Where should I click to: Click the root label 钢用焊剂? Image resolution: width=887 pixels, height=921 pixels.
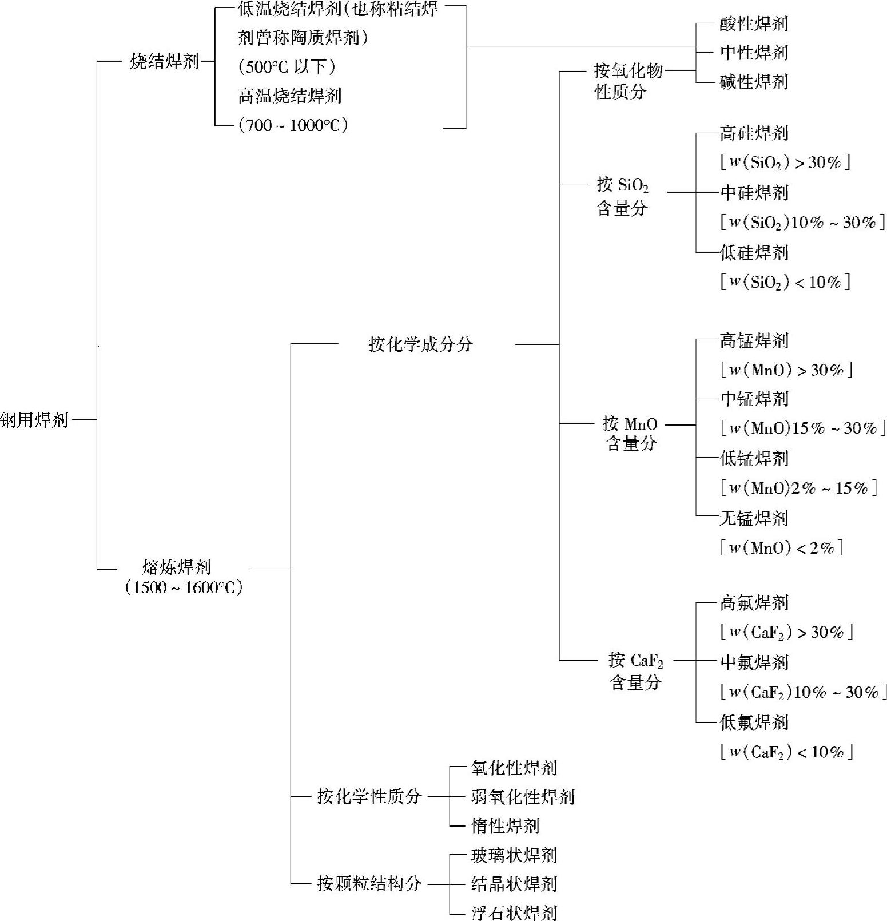point(34,420)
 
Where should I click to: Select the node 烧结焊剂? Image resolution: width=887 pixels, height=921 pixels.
point(165,61)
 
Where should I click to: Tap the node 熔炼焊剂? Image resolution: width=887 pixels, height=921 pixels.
point(177,567)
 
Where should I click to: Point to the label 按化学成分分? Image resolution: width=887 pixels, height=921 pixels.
point(421,344)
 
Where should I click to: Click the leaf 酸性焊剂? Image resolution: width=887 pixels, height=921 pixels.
point(754,24)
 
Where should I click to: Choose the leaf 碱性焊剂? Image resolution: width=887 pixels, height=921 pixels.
point(754,82)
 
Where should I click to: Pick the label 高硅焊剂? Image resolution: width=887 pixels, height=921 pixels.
point(754,133)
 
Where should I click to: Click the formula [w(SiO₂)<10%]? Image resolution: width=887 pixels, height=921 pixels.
point(785,281)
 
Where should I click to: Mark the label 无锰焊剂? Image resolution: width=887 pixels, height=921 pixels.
point(754,518)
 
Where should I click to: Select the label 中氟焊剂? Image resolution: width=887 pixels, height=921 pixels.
point(754,662)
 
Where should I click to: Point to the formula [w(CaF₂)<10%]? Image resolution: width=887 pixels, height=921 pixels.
point(786,752)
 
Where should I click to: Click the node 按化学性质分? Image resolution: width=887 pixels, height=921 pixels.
point(369,796)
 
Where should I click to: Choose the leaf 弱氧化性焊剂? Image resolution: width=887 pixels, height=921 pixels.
point(523,797)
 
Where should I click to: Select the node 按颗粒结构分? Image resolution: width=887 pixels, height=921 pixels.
point(369,883)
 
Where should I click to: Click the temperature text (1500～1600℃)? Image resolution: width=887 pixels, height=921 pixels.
point(184,587)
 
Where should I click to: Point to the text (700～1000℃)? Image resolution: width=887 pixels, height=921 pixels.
point(293,125)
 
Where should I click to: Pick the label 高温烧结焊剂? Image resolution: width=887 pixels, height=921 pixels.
point(289,96)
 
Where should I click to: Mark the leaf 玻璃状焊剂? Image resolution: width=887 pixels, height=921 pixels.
point(514,855)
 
